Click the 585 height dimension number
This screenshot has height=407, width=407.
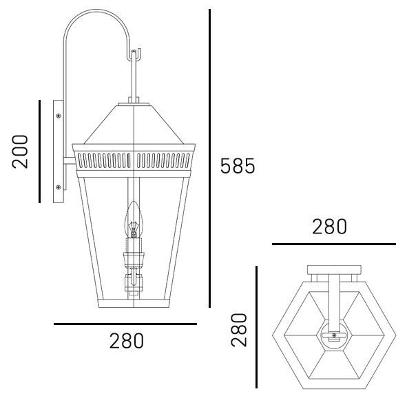238,165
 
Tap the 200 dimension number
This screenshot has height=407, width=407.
20,152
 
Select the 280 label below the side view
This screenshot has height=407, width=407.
127,341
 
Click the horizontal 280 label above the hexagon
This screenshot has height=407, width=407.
329,227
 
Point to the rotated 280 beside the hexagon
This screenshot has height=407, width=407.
239,330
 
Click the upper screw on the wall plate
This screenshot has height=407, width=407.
59,116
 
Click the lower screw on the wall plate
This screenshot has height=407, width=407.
59,187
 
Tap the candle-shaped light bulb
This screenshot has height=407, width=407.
134,220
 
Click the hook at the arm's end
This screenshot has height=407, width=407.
136,54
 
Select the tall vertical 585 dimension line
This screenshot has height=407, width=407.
209,158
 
